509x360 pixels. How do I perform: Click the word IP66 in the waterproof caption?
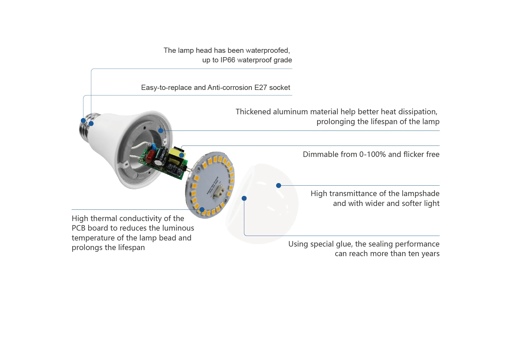228,60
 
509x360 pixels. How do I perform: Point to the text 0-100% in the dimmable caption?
372,154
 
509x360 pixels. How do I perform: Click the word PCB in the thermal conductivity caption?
78,228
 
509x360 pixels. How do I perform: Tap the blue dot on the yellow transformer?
182,155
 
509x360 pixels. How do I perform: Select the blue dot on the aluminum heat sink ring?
161,131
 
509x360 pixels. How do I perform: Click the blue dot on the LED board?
202,209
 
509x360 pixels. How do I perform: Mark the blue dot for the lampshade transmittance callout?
278,185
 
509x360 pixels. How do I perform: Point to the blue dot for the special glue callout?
244,198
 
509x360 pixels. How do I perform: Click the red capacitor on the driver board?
150,157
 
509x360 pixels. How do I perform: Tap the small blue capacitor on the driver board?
153,147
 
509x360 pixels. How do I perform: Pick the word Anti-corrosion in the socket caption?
230,88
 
